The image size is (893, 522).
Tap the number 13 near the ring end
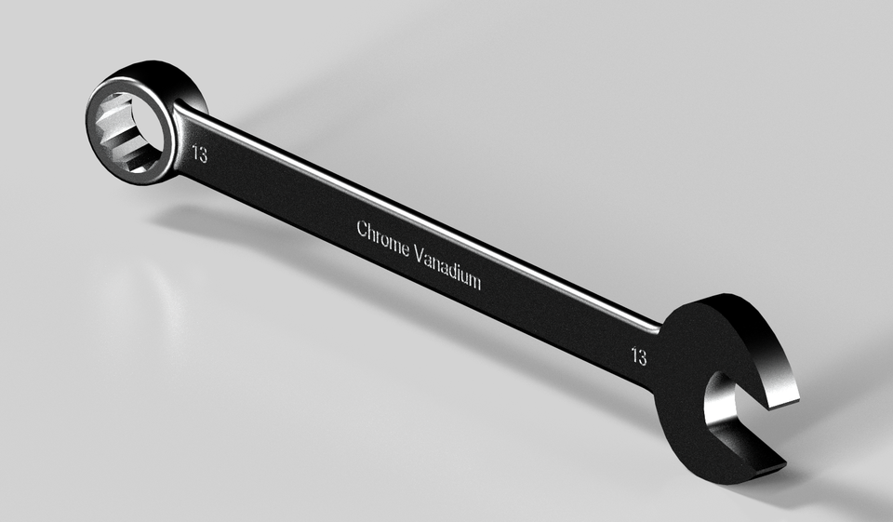click(x=199, y=154)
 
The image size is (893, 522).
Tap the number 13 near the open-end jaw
click(x=639, y=355)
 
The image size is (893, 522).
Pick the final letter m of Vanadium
click(x=475, y=282)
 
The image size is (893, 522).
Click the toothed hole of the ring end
click(x=130, y=132)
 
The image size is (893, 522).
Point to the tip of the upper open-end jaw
click(x=783, y=395)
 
